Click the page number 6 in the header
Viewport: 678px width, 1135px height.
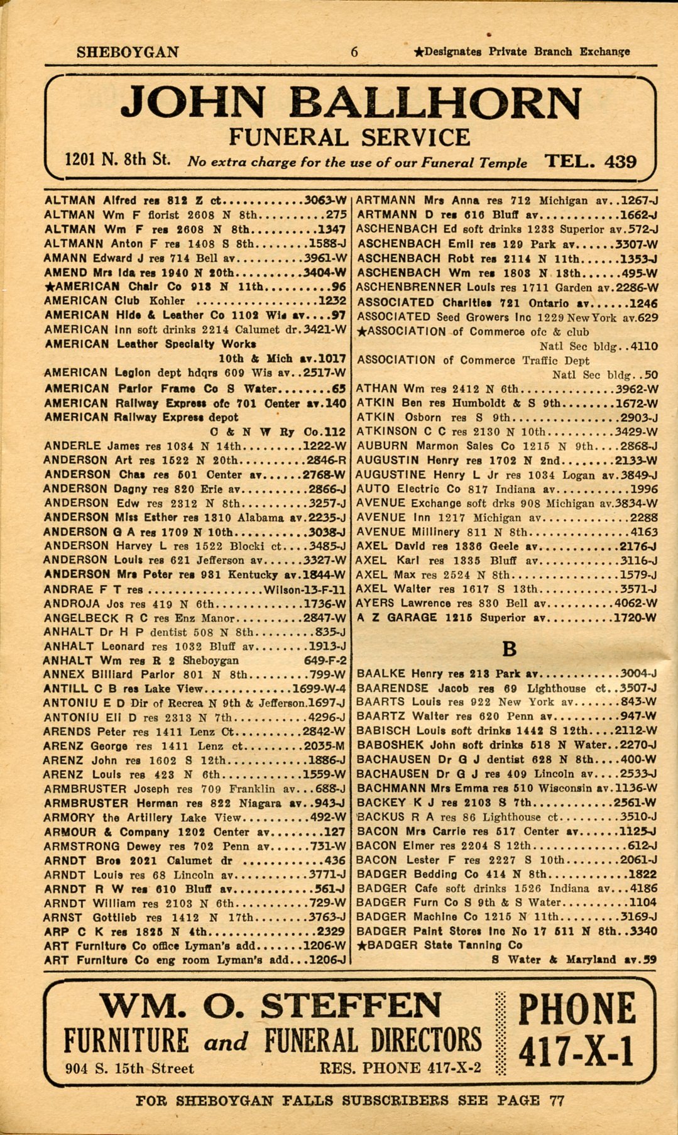tap(354, 52)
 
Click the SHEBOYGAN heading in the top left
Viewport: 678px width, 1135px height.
tap(128, 52)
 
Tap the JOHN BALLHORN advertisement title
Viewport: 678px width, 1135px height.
tap(351, 104)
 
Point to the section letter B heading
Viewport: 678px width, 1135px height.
tap(510, 649)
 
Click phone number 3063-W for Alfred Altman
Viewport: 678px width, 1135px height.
tap(325, 201)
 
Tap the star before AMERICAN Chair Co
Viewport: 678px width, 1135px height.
tap(50, 287)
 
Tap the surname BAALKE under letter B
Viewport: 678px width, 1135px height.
tap(381, 674)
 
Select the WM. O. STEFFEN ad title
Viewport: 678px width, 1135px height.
tap(271, 1006)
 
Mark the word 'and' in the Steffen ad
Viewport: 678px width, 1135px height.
tap(226, 1041)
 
